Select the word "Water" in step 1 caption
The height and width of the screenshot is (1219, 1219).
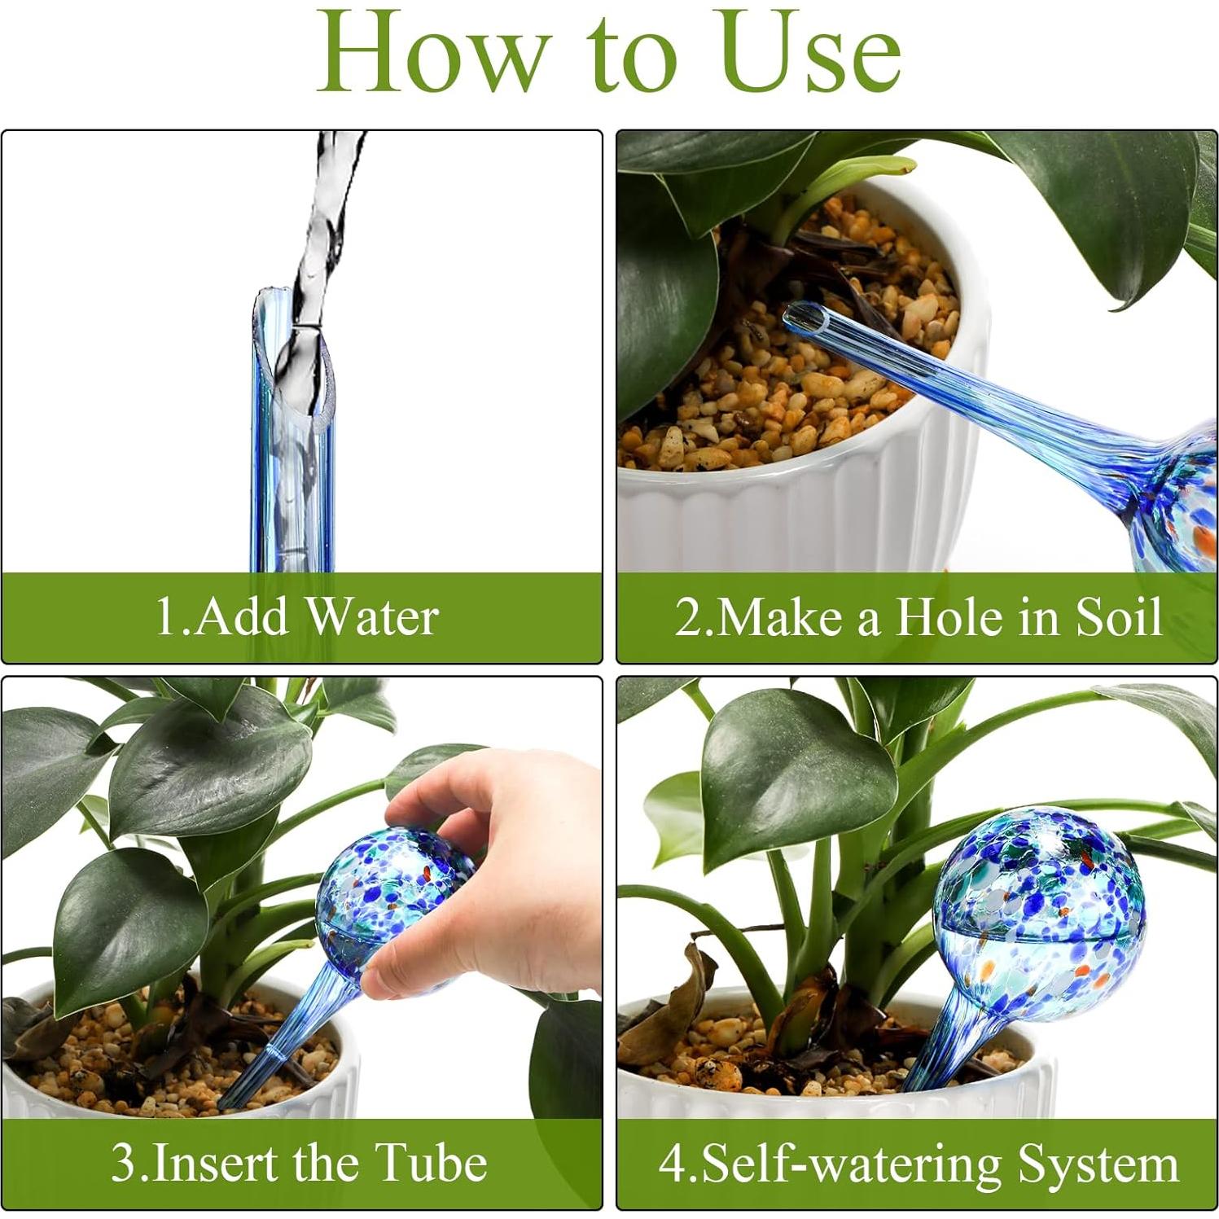(373, 616)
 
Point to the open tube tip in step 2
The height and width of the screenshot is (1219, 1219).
(799, 314)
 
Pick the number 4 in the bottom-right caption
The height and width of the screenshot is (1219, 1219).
(672, 1164)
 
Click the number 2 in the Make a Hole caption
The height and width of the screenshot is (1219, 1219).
(688, 617)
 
